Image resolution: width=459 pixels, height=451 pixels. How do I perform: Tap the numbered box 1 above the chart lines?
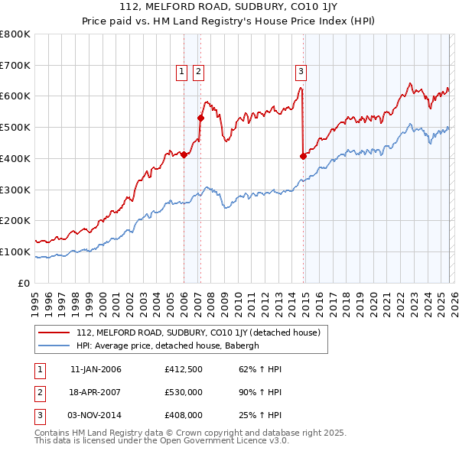(182, 72)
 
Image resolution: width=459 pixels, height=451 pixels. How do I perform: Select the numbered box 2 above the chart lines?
(198, 72)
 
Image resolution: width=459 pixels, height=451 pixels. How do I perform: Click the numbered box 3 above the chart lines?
(301, 72)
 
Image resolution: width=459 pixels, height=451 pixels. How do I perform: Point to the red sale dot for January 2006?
(184, 154)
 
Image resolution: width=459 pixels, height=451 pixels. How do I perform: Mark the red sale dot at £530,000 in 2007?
(200, 118)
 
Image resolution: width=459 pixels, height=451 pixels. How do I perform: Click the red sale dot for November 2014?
(303, 156)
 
